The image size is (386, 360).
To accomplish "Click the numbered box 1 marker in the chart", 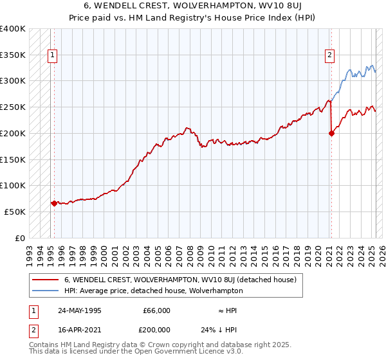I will (52, 55).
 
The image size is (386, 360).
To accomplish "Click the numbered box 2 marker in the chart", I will (329, 55).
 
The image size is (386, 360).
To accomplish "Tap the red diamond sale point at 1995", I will (54, 203).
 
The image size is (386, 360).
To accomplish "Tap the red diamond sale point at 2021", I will (332, 134).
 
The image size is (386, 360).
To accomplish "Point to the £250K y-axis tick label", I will (13, 107).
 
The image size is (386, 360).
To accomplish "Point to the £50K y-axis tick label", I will (15, 212).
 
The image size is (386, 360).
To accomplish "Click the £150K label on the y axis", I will (13, 159).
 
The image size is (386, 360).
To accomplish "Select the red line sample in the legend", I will (45, 280).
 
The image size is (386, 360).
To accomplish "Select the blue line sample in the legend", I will (45, 291).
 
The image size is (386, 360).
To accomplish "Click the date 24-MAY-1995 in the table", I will (78, 310).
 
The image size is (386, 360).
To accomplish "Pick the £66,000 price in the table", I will (156, 310).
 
